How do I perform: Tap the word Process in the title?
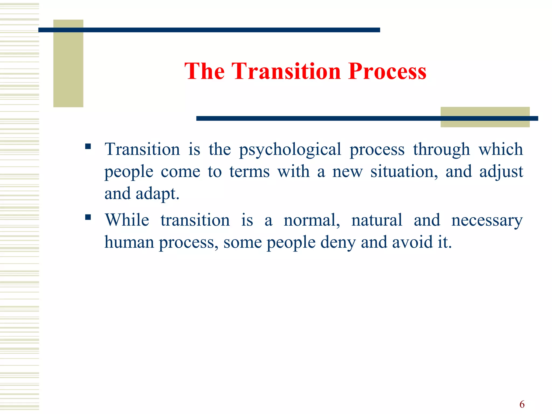387,71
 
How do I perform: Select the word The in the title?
204,71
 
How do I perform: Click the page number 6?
522,404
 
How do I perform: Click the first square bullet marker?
88,146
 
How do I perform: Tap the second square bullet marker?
88,217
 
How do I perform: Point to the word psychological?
290,150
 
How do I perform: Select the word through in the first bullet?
441,150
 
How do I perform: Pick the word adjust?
501,172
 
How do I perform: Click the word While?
127,220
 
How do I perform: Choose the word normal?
312,220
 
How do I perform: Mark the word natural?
377,220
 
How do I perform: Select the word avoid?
410,242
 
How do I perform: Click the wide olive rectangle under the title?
485,123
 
